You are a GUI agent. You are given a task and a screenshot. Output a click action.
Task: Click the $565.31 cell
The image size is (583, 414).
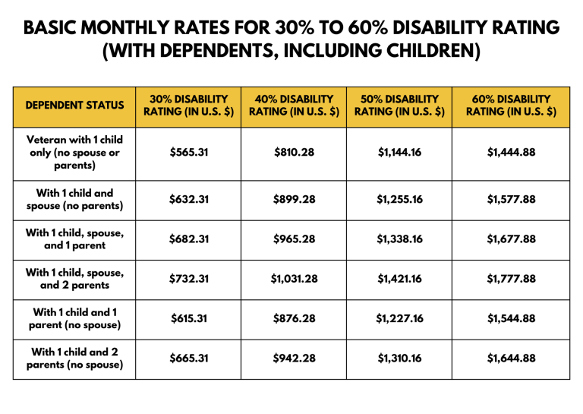coord(189,152)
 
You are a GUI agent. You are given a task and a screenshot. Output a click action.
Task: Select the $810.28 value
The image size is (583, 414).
coord(294,152)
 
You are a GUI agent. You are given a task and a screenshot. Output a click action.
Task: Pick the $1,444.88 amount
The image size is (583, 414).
coord(512,152)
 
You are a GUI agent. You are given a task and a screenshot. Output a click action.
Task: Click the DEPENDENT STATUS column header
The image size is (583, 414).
coord(75,106)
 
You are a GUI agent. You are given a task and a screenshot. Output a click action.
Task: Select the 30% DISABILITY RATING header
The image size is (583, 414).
coord(189,106)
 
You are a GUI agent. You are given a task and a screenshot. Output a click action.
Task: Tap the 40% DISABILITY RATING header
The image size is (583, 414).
coord(294,106)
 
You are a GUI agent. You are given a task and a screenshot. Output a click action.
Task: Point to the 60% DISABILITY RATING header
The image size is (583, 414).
coord(512,106)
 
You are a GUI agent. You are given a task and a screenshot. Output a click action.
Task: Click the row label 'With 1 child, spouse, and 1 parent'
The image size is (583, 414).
coord(75,239)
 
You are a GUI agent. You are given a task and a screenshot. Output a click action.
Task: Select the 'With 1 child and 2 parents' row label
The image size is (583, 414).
coord(75,359)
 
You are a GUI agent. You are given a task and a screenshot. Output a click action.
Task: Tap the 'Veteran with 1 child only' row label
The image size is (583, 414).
coord(75,152)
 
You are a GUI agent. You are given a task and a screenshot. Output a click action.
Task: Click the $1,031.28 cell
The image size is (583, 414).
coord(294,279)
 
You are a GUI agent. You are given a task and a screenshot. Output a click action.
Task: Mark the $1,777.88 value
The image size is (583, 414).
coord(512,279)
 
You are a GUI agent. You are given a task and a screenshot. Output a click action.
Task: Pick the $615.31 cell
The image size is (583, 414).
coord(189,319)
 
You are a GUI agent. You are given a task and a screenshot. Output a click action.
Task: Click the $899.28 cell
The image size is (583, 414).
coord(294,200)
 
